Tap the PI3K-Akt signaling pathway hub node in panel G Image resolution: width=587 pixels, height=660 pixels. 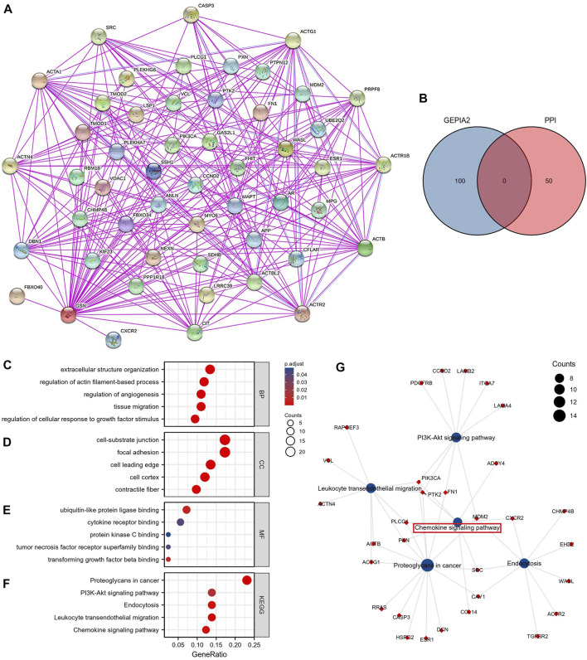(x=455, y=437)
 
